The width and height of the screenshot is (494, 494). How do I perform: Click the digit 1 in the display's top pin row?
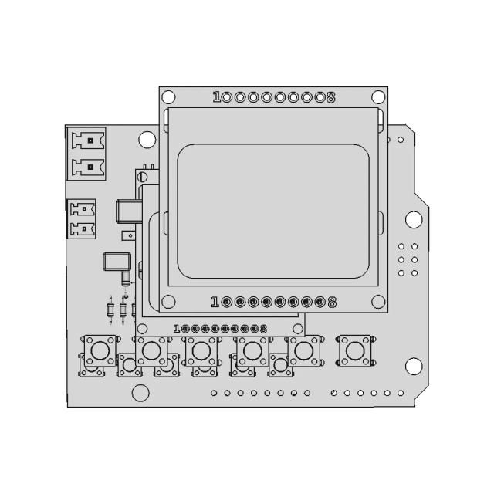click(x=217, y=97)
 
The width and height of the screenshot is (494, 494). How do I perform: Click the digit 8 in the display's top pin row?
click(x=331, y=97)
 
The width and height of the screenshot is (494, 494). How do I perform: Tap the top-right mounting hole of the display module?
click(x=377, y=96)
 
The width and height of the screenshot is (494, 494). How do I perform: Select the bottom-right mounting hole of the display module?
click(x=377, y=301)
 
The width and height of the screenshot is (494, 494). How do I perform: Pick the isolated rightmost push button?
click(x=355, y=351)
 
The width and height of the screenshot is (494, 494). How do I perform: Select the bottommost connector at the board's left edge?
click(x=83, y=228)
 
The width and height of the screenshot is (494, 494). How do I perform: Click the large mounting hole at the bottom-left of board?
click(x=140, y=392)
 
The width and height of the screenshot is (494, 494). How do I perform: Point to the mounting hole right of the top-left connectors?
click(x=147, y=140)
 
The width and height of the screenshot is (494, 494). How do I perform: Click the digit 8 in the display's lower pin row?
click(x=332, y=302)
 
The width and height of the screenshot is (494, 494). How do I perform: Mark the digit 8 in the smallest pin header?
click(x=264, y=328)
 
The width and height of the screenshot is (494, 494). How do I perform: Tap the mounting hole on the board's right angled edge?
click(x=414, y=219)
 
